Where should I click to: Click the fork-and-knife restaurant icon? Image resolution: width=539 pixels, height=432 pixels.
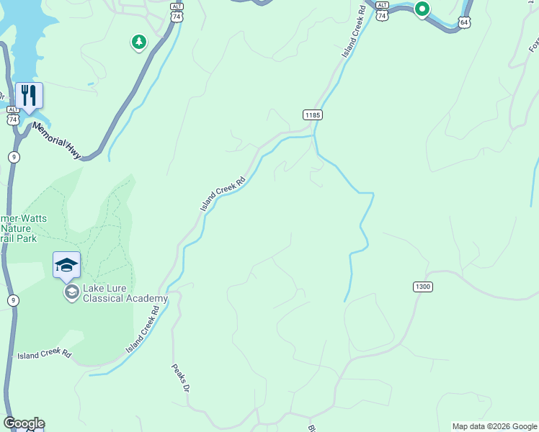click(x=30, y=95)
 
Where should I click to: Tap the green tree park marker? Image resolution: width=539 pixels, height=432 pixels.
click(x=138, y=42)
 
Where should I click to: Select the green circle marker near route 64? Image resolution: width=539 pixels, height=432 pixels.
click(x=422, y=9)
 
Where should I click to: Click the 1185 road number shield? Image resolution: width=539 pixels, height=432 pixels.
click(x=312, y=114)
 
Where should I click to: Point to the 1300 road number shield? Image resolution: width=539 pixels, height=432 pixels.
click(x=423, y=287)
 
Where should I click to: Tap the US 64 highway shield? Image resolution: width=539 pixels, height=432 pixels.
click(x=465, y=22)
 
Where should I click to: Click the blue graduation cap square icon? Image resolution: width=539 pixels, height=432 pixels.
click(x=66, y=265)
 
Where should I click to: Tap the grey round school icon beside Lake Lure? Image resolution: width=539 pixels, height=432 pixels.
click(x=71, y=292)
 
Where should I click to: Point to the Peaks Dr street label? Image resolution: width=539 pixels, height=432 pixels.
click(x=180, y=378)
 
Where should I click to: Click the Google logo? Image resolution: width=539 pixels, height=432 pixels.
click(x=24, y=423)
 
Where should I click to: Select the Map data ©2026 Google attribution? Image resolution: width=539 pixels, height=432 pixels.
click(x=494, y=426)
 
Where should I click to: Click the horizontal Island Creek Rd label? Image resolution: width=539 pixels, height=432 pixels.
click(x=44, y=355)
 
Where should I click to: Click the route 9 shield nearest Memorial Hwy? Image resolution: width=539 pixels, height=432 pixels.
click(x=14, y=157)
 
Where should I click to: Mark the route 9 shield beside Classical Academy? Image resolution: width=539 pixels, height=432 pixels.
click(x=13, y=300)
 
